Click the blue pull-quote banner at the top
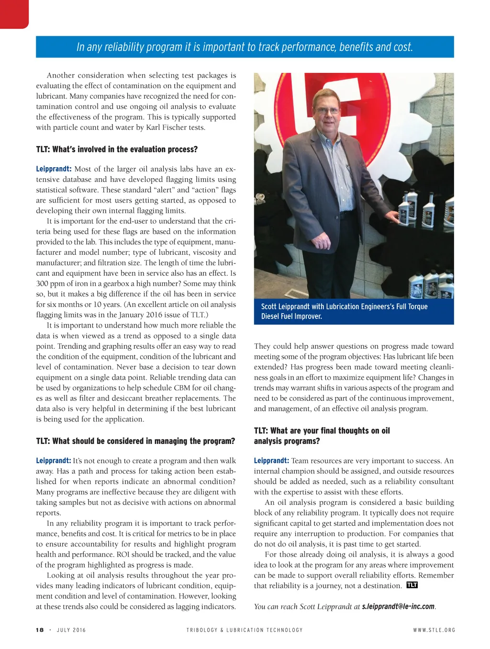(x=245, y=47)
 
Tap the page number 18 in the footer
(x=40, y=630)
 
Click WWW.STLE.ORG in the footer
(x=434, y=630)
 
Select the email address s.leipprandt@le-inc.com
(x=398, y=606)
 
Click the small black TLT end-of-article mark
(x=412, y=585)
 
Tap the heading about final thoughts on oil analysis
(x=322, y=436)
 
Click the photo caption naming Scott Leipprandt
(x=344, y=311)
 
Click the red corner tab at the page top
(x=14, y=13)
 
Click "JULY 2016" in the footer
(x=71, y=630)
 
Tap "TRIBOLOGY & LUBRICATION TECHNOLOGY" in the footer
(x=245, y=630)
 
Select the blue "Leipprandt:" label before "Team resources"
(x=271, y=461)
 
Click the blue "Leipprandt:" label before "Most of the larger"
(x=54, y=169)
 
